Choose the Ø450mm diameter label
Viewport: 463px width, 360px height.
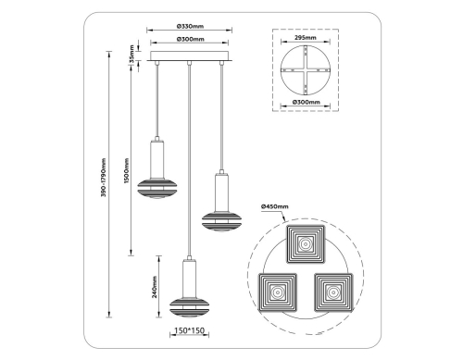[x=275, y=205]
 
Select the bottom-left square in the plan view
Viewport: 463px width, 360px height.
[x=277, y=292]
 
